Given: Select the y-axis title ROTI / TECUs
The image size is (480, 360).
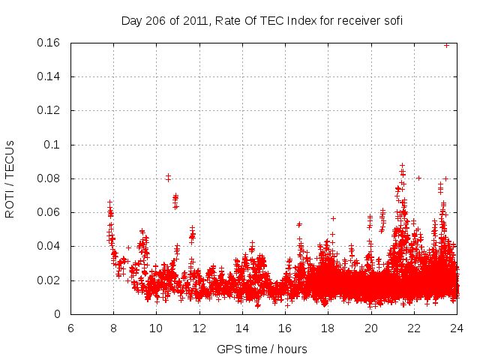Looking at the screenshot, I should (10, 178).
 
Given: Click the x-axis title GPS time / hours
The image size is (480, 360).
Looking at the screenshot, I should (262, 349).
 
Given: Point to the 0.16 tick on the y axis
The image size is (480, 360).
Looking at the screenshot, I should (50, 43).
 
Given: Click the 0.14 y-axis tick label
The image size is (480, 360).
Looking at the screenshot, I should (50, 76).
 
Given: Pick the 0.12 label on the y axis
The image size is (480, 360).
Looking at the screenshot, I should (50, 110).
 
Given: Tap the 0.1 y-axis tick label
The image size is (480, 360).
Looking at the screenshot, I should (55, 145).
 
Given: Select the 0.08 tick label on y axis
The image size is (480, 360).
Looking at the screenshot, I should (50, 178).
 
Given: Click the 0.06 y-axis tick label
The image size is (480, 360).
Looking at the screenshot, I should (50, 212).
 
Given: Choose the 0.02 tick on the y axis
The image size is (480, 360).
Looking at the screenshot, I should (50, 280).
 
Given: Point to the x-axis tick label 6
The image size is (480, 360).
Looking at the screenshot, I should (70, 328).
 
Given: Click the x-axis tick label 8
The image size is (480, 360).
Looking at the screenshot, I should (113, 328).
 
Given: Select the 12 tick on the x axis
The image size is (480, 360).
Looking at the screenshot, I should (199, 328).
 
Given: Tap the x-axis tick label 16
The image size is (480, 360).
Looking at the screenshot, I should (285, 328).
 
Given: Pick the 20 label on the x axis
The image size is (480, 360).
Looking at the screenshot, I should (371, 328).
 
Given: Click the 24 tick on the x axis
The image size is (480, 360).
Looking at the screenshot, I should (457, 328).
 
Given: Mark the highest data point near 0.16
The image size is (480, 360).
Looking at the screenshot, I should (447, 45).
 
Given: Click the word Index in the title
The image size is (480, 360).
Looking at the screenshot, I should (298, 21).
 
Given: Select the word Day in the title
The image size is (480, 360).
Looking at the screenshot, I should (131, 21).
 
